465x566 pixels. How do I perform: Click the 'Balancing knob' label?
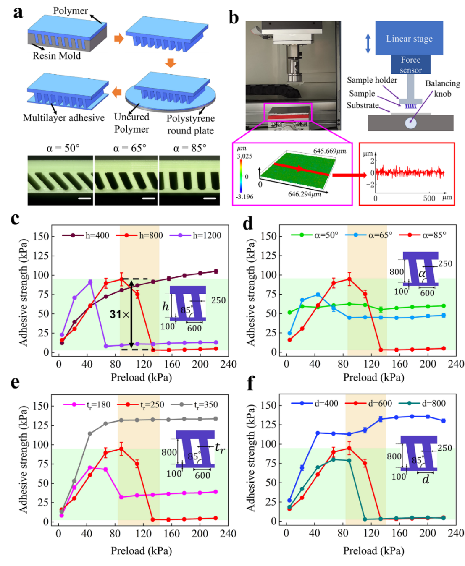tap(442, 88)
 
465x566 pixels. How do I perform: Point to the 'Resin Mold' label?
tap(57, 56)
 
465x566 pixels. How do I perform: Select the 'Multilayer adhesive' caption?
tap(63, 118)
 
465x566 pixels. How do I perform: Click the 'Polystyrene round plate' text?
tap(190, 124)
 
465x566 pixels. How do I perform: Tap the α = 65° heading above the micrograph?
tap(130, 148)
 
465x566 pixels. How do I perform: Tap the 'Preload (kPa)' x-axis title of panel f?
tap(373, 550)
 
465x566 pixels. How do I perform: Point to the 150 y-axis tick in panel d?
tap(269, 236)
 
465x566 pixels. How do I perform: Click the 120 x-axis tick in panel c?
tap(144, 364)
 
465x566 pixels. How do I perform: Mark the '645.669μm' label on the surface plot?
tap(329, 151)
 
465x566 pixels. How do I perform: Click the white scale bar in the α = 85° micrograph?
tap(210, 198)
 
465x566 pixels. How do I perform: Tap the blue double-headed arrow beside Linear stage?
tap(368, 43)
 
